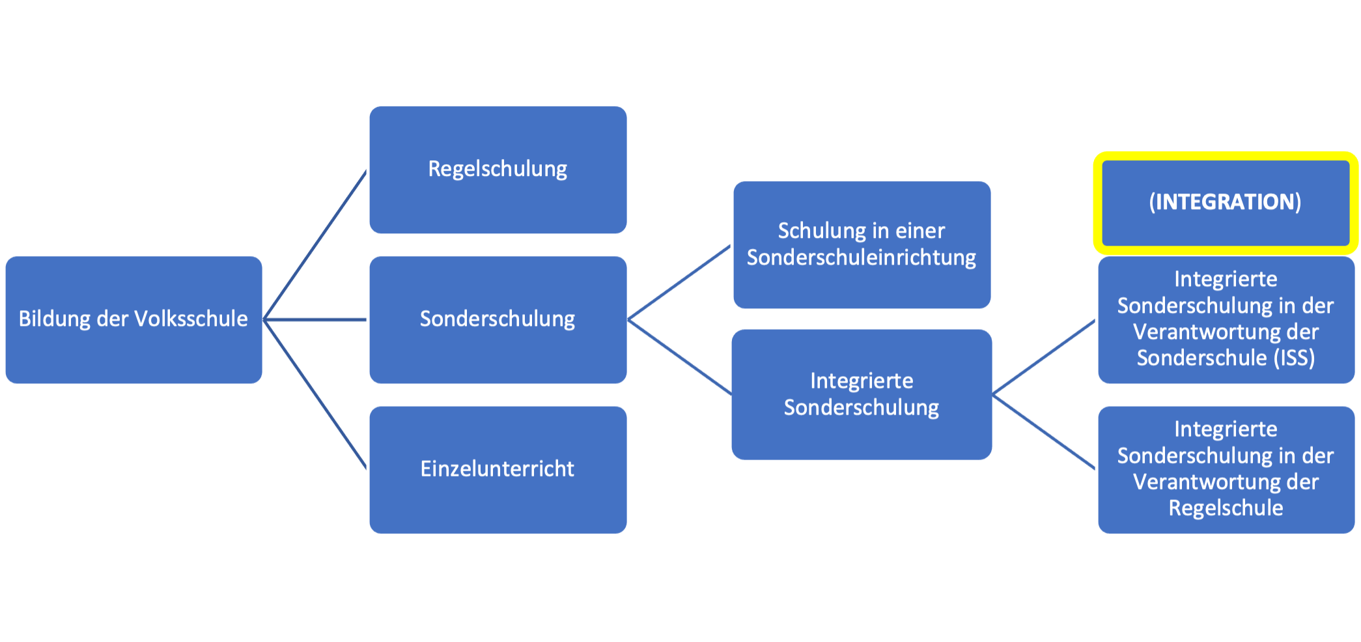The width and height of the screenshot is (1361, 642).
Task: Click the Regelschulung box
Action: point(498,169)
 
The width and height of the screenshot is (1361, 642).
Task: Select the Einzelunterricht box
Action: point(498,469)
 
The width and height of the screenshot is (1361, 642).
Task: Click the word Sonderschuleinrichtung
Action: point(861,258)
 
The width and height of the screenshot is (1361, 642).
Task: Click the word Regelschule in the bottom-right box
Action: point(1226,508)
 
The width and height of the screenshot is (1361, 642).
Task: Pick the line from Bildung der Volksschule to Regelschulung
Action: point(316,244)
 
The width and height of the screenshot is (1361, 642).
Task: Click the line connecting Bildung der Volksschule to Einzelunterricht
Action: point(316,394)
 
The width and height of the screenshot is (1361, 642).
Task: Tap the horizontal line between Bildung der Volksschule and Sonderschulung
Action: point(316,319)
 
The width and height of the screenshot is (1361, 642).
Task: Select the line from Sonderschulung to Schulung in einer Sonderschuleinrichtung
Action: point(680,282)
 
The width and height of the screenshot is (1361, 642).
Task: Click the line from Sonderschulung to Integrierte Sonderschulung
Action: point(680,357)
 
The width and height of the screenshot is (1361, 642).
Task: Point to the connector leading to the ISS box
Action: point(1044,357)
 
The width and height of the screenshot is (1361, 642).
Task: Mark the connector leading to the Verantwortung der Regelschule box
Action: point(1044,431)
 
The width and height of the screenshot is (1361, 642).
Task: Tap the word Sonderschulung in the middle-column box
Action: point(498,319)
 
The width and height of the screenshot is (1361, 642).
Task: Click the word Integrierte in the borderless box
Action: point(861,381)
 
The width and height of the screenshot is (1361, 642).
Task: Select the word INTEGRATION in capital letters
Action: point(1225,202)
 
